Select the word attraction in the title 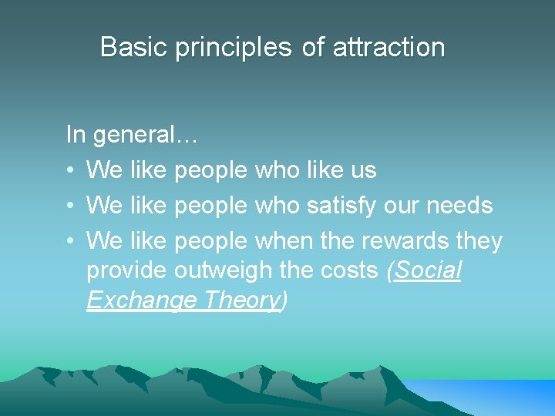tap(389, 47)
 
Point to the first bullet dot tap(70, 170)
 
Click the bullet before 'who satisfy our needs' tap(70, 206)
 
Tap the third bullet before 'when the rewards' tap(70, 241)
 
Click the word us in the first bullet tap(363, 170)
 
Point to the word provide tap(126, 270)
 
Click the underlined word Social tap(429, 270)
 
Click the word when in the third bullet tap(279, 241)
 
